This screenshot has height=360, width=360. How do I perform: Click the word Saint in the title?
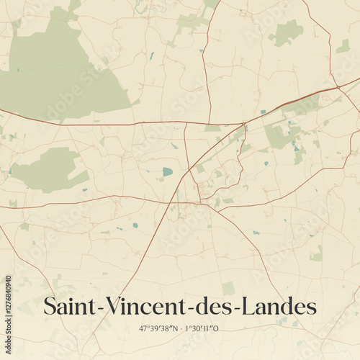(71, 306)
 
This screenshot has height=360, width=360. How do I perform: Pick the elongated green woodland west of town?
(47, 170)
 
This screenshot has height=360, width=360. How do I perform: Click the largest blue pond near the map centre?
(168, 172)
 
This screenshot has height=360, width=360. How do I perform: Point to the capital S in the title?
(50, 306)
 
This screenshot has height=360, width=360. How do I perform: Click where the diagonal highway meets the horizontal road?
(246, 123)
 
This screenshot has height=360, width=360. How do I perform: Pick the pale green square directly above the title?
(228, 288)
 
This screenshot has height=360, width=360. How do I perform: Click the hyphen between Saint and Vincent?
(103, 308)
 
